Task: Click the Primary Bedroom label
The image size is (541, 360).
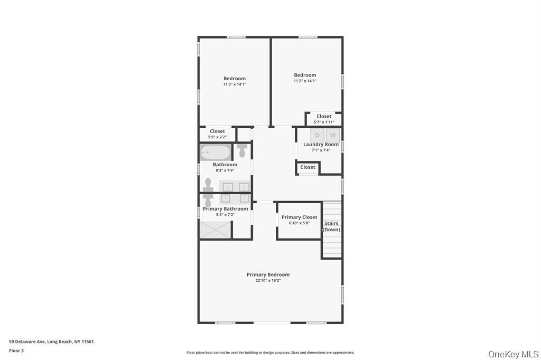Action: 268,274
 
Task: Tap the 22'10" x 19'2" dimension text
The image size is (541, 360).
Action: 268,281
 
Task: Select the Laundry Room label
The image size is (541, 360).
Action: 321,145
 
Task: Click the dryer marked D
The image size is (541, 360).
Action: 317,136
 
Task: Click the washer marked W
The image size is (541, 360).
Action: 333,136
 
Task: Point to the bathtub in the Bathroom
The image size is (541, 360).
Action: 216,153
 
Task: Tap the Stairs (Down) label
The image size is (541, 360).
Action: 331,226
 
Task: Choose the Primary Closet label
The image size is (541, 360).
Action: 299,217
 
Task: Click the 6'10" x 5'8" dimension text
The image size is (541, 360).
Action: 299,223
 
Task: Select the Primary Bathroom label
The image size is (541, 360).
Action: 225,209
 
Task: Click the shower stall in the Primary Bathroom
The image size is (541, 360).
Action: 216,230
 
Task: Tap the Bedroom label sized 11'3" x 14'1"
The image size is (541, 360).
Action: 235,78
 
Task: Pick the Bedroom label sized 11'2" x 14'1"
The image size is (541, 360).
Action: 305,75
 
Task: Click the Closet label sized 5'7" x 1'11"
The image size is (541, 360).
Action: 324,116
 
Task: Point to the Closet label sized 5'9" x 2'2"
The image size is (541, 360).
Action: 217,131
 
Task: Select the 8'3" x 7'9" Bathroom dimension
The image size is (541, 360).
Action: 225,170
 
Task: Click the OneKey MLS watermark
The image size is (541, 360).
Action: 513,354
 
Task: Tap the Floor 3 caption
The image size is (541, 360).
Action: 16,350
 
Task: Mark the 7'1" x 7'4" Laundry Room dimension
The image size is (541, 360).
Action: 321,150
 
